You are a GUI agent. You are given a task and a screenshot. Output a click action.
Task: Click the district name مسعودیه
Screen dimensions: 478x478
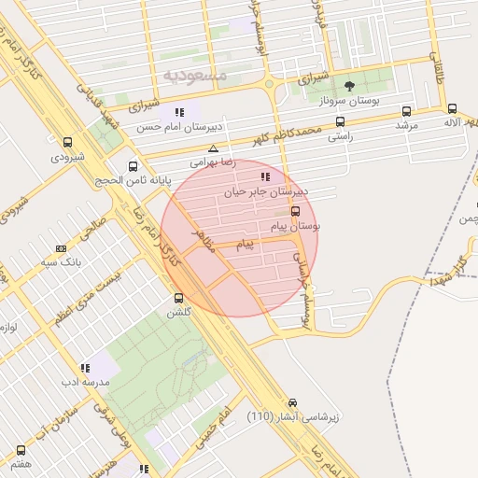pyautogui.click(x=194, y=74)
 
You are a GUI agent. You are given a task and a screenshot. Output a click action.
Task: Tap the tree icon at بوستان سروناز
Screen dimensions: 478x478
pyautogui.click(x=349, y=86)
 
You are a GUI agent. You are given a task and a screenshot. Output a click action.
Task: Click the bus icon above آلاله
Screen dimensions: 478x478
pyautogui.click(x=453, y=108)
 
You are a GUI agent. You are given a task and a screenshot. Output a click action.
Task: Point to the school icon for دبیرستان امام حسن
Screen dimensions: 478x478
pyautogui.click(x=179, y=113)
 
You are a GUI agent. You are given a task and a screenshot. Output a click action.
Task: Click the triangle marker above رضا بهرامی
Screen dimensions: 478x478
pyautogui.click(x=214, y=148)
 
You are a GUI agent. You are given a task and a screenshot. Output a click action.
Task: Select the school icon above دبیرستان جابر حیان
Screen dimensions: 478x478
pyautogui.click(x=266, y=176)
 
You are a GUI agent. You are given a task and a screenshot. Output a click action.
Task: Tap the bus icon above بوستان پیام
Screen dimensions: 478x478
pyautogui.click(x=296, y=211)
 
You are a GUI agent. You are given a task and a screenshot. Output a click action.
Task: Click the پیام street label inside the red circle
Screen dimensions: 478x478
pyautogui.click(x=245, y=245)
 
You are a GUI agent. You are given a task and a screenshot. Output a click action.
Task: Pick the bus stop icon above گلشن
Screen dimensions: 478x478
pyautogui.click(x=178, y=298)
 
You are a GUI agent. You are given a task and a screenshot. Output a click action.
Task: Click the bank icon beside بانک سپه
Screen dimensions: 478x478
pyautogui.click(x=62, y=248)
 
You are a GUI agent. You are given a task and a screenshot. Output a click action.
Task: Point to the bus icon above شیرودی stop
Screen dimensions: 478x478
pyautogui.click(x=67, y=143)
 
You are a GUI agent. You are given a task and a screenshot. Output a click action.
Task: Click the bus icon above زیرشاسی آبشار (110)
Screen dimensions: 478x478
pyautogui.click(x=295, y=400)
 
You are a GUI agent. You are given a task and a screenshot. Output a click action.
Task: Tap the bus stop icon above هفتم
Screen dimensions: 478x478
pyautogui.click(x=21, y=448)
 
